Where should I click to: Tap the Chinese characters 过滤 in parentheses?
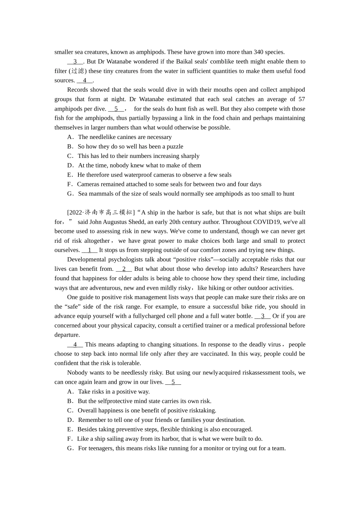(78, 71)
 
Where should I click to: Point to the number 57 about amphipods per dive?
(301, 99)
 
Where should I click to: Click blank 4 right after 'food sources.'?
(85, 80)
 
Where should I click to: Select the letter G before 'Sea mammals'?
(70, 194)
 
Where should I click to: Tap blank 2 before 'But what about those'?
(124, 269)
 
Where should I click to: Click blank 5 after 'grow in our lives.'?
(173, 382)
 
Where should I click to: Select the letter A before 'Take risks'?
(70, 392)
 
